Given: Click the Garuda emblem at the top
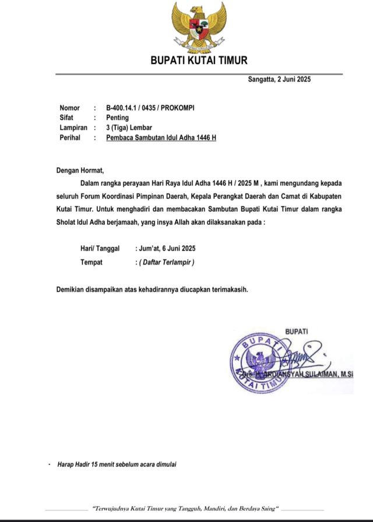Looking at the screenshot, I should tap(199, 27).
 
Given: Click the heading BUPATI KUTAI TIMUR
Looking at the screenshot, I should tap(199, 60).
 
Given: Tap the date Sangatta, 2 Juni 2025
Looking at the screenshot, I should tap(280, 80).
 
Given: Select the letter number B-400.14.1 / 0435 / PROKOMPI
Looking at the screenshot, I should tap(150, 108).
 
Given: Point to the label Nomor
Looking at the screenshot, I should tap(70, 108).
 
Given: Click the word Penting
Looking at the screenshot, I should tap(118, 118).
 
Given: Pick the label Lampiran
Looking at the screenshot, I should tap(73, 128).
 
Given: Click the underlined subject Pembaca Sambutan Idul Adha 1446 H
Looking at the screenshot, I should tap(161, 138).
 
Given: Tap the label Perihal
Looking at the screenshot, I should tap(71, 138).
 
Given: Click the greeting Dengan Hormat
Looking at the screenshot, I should tap(80, 171).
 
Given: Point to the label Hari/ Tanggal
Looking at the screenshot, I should tap(100, 248).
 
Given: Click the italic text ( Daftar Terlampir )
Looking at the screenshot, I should tap(166, 262).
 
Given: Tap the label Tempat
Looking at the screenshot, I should tap(92, 262).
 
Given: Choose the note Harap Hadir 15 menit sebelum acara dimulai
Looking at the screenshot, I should tap(117, 464).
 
